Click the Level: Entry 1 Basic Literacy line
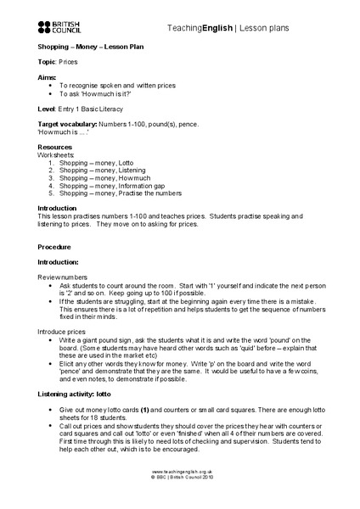pyautogui.click(x=85, y=108)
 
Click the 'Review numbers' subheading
pyautogui.click(x=62, y=277)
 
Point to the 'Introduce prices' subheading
pyautogui.click(x=65, y=330)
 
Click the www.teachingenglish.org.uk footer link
pyautogui.click(x=180, y=494)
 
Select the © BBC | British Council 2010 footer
pyautogui.click(x=180, y=500)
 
